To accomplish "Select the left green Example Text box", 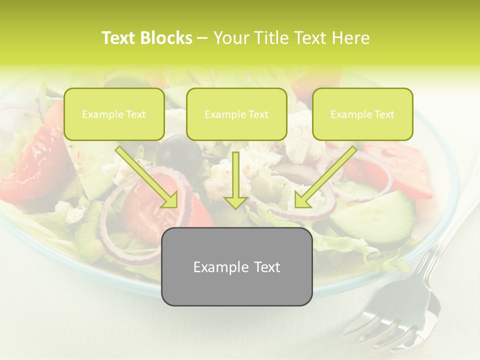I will pyautogui.click(x=114, y=114).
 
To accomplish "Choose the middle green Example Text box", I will pyautogui.click(x=236, y=114).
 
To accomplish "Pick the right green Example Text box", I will pyautogui.click(x=362, y=114).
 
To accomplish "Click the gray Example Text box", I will pyautogui.click(x=237, y=266).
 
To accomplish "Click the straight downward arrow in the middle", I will pyautogui.click(x=236, y=180).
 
